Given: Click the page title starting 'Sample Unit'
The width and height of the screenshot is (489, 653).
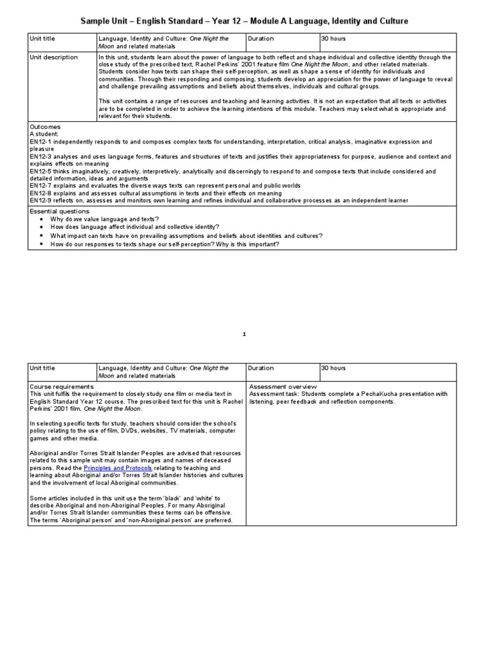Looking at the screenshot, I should (244, 22).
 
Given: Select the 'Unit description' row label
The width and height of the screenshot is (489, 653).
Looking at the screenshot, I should (54, 57).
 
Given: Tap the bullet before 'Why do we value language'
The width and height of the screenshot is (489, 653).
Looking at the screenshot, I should (41, 219).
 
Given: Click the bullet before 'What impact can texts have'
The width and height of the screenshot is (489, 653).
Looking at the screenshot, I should (41, 235).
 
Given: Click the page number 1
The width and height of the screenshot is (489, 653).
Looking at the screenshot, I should (244, 334).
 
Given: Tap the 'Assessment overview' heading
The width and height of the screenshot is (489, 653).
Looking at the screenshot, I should (283, 387).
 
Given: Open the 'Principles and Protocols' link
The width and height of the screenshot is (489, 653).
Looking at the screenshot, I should (118, 468).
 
